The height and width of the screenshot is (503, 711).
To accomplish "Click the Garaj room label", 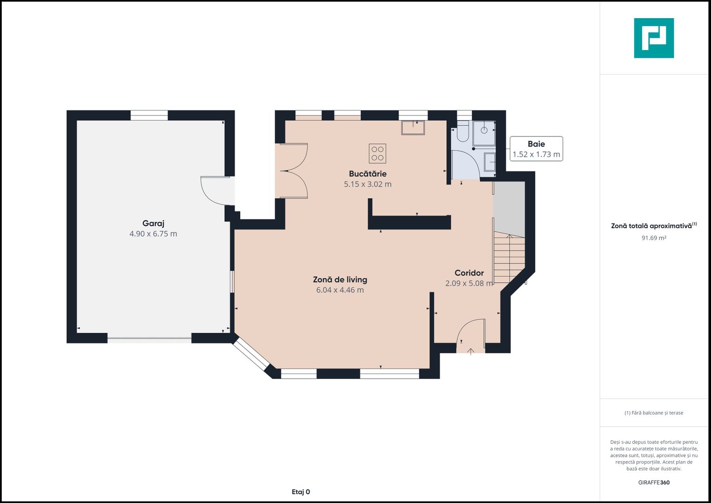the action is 153,224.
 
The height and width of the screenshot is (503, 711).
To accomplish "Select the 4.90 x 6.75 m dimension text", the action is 153,234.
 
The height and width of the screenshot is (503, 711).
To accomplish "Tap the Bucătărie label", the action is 367,174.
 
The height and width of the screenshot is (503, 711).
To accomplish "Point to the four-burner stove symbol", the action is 378,153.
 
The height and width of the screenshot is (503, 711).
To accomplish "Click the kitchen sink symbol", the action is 413,128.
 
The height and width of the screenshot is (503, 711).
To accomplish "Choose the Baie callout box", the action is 536,149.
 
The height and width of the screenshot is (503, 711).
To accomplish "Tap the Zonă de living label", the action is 340,279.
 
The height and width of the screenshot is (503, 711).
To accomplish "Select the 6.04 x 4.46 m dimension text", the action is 340,290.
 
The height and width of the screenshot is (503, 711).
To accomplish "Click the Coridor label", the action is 469,273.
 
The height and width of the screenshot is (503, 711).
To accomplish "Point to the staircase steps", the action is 509,258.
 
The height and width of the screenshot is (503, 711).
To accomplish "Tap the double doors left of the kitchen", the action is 294,171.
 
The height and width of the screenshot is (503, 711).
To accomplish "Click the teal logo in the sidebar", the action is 654,38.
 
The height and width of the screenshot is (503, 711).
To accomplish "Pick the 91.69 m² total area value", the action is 654,238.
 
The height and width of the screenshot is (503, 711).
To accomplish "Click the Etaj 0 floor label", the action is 301,492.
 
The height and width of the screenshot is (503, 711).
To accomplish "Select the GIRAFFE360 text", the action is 654,483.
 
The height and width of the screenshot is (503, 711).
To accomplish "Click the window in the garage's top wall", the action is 149,116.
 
